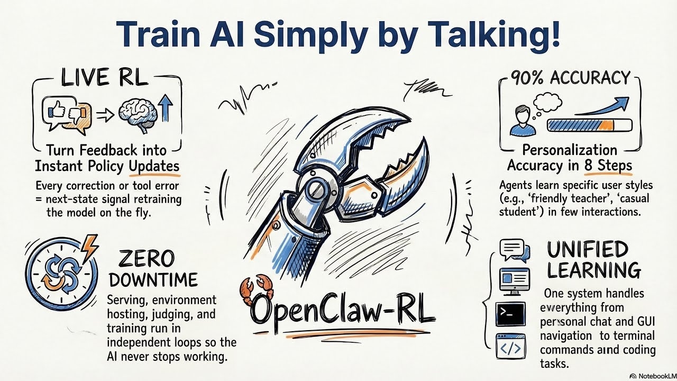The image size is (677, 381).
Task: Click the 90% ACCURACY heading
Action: [x=571, y=78]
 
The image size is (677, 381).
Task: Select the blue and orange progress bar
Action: [x=589, y=125]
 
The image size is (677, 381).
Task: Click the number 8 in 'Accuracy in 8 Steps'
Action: [x=589, y=166]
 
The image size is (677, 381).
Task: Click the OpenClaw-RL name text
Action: [x=343, y=311]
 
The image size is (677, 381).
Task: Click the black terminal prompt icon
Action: [x=510, y=314]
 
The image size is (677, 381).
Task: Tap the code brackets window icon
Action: [x=510, y=347]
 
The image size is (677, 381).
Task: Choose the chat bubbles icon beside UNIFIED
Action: [x=514, y=250]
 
